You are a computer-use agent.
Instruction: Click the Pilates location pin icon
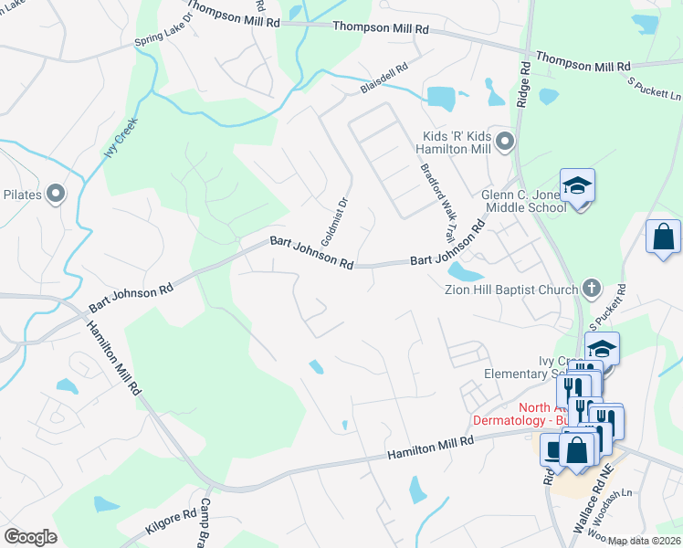56,193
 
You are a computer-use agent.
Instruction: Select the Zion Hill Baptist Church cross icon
591,290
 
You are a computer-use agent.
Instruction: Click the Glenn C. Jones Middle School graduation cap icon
577,186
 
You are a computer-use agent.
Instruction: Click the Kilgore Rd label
171,522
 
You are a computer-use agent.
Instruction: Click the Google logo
31,536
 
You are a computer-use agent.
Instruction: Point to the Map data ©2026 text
645,541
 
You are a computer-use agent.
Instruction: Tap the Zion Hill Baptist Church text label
510,290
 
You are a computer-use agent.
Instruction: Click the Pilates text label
23,194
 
